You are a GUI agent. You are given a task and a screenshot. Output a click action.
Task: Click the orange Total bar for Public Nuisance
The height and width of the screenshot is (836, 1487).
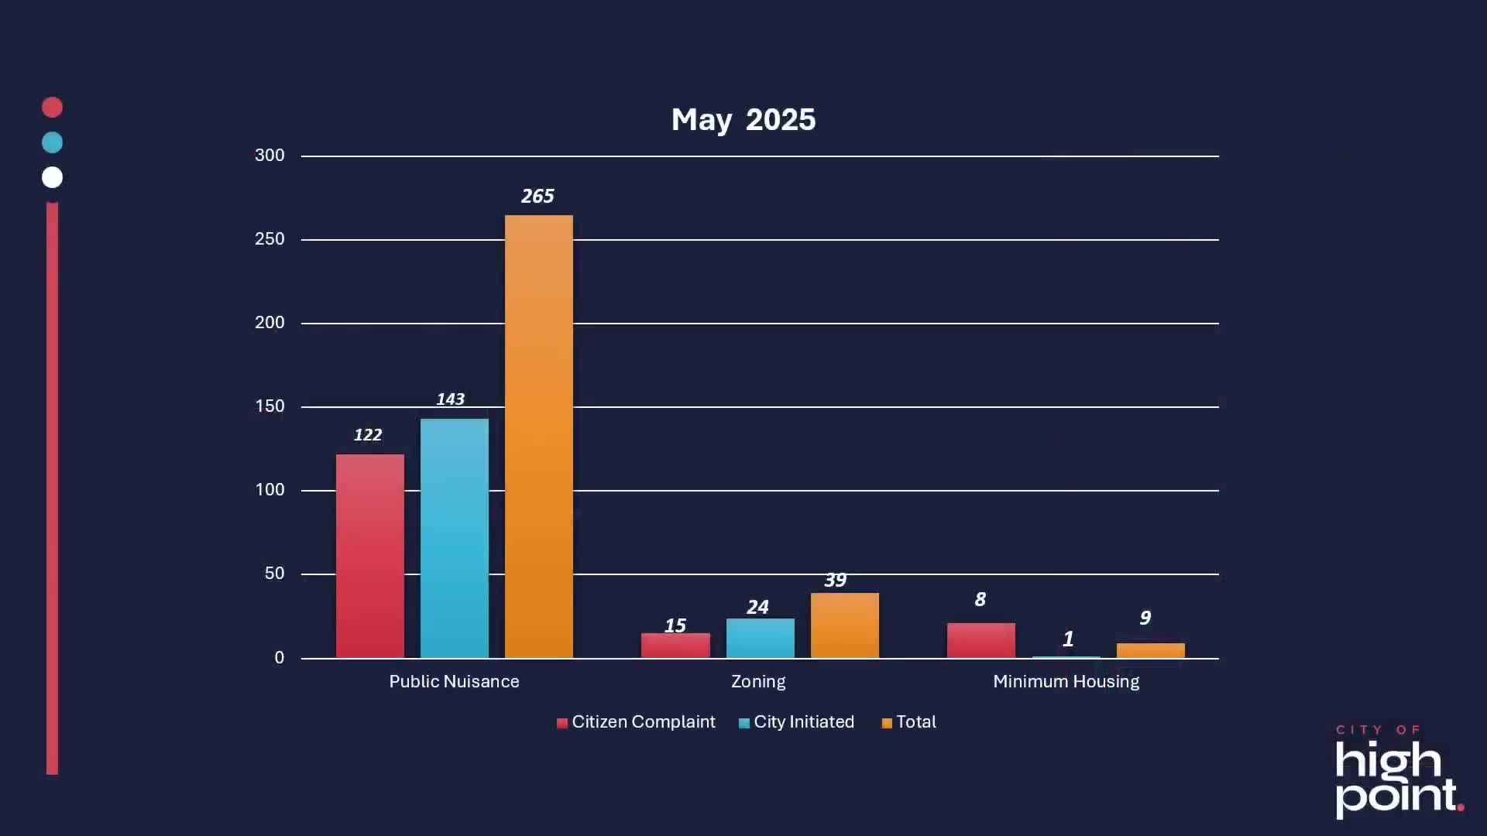tap(538, 437)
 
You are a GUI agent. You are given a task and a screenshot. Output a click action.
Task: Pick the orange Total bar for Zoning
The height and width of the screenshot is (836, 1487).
tap(844, 625)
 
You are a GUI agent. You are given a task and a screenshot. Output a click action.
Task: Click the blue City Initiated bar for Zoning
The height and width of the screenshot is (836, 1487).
tap(760, 638)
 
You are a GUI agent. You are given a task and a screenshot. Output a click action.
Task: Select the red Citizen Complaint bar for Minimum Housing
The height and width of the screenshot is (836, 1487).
tap(980, 640)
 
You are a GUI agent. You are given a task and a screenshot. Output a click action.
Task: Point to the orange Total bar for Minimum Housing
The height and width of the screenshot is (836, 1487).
tap(1150, 650)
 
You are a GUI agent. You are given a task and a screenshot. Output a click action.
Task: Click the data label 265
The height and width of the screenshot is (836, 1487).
tap(537, 197)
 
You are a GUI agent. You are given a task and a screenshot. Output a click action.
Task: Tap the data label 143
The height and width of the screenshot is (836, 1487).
tap(450, 399)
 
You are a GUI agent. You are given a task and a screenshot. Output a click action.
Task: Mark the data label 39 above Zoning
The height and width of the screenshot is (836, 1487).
tap(835, 580)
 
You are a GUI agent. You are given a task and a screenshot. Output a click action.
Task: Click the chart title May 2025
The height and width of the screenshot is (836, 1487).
tap(743, 120)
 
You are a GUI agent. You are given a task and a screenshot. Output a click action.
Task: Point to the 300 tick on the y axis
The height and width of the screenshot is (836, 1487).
tap(270, 156)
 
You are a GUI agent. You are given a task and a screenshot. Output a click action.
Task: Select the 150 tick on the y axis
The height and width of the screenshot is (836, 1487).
tap(270, 406)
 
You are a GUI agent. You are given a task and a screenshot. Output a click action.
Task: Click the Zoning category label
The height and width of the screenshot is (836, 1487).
tap(758, 682)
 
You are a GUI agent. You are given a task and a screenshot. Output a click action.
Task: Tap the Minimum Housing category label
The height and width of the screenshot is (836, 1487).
tap(1066, 682)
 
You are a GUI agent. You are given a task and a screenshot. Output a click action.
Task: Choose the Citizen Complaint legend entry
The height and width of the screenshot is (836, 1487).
tap(636, 722)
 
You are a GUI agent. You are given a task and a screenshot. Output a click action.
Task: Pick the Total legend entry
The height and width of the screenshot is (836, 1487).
tap(908, 722)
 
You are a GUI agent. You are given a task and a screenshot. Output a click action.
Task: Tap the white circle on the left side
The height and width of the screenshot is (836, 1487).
tap(52, 177)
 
